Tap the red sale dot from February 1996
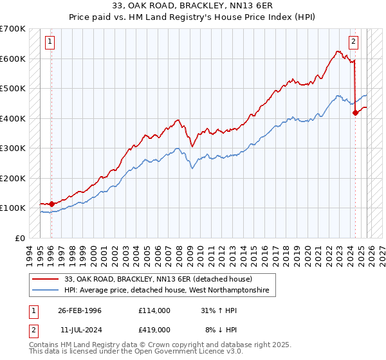click(x=52, y=204)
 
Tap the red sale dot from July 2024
click(x=355, y=113)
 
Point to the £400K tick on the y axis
click(x=13, y=118)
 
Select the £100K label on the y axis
click(x=13, y=208)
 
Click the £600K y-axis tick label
click(x=13, y=59)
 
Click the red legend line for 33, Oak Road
click(x=45, y=279)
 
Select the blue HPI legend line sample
click(x=45, y=291)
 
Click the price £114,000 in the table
click(x=154, y=310)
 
